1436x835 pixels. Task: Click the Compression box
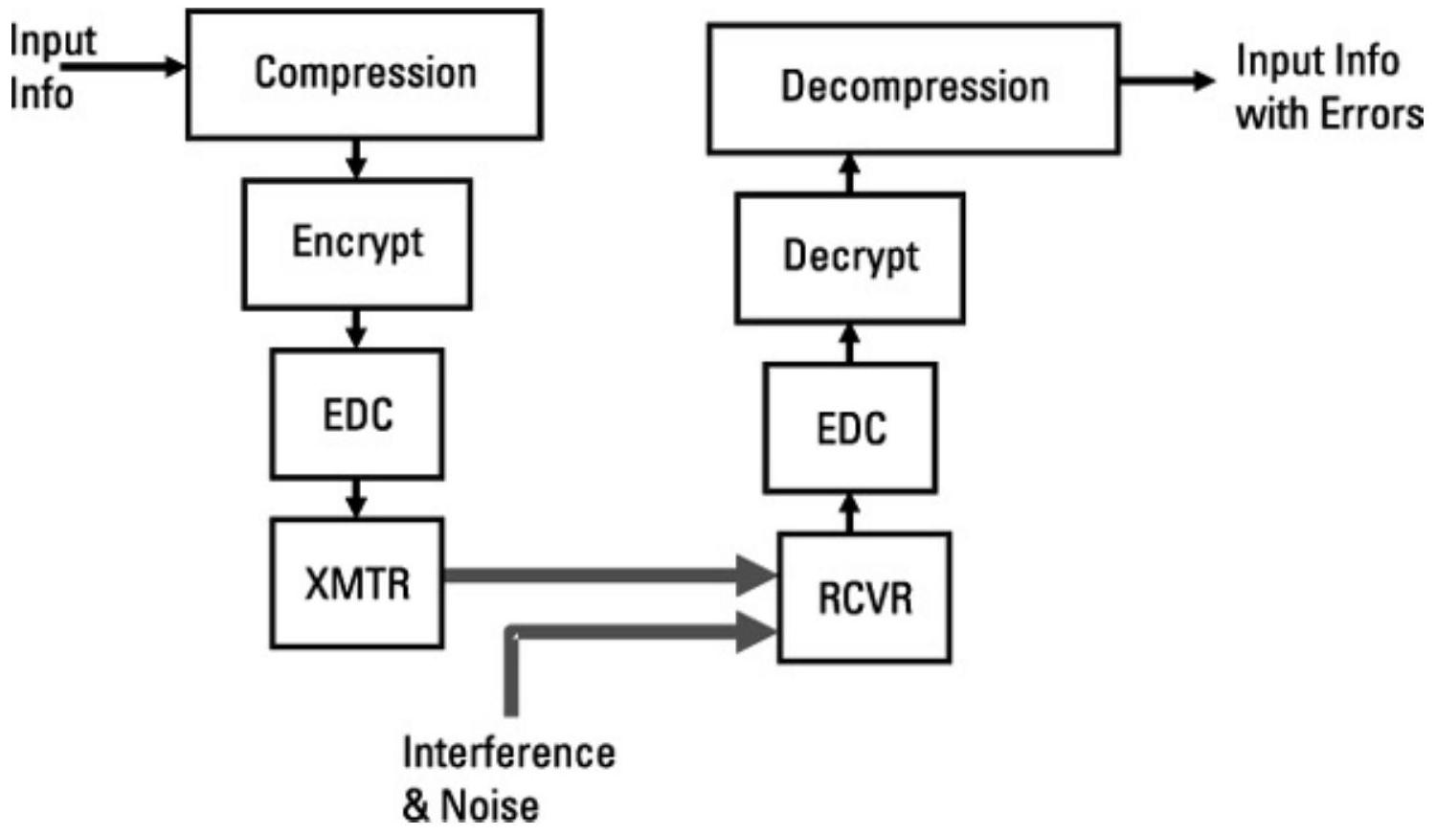click(x=364, y=75)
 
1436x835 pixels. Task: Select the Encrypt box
click(x=357, y=243)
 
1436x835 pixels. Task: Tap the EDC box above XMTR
click(x=357, y=414)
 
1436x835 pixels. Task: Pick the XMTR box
click(x=357, y=582)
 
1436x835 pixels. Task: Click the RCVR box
click(x=864, y=598)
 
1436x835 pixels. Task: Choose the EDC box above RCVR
click(x=850, y=428)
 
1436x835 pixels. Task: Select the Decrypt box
click(x=850, y=258)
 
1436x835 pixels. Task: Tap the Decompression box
click(x=913, y=88)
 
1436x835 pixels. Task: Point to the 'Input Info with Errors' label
click(x=1326, y=88)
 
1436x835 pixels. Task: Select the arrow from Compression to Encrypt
click(x=356, y=159)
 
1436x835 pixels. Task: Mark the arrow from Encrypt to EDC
click(x=356, y=328)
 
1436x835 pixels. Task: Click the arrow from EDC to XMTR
click(x=356, y=498)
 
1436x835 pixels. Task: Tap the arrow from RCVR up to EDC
click(x=850, y=513)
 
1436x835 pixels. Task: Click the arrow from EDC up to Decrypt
click(x=850, y=344)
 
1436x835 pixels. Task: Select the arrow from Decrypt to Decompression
click(x=850, y=173)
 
